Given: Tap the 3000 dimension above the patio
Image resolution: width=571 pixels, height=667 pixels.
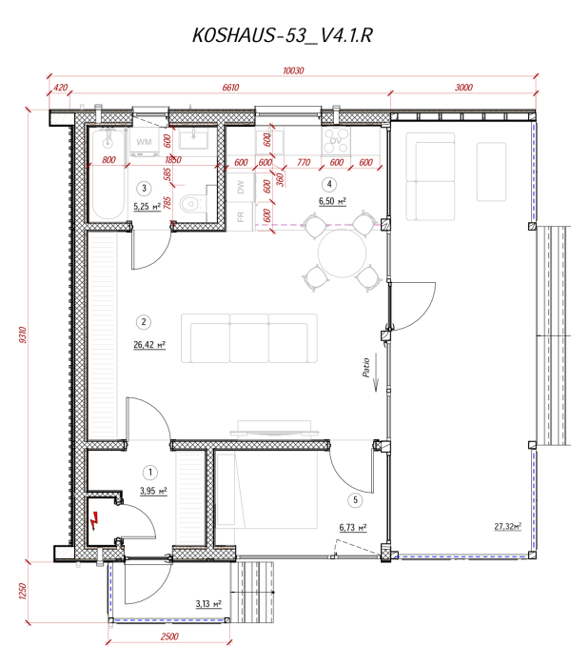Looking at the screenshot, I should point(463,88).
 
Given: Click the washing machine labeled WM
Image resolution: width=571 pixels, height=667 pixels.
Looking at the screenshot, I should point(145,142).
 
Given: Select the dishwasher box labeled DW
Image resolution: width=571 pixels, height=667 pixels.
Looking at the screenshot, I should point(241,188).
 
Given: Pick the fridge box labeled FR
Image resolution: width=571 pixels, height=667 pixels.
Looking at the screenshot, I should point(241,217).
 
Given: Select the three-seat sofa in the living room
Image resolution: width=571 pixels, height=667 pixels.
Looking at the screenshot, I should point(249,338).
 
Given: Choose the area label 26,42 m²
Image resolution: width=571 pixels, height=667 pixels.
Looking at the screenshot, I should point(150,346).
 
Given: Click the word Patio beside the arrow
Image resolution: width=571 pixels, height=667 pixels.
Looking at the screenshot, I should point(365,369).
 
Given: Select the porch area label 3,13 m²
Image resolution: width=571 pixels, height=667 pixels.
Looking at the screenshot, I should point(207,603).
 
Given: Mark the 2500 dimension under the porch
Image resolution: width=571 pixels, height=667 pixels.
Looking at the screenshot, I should point(171,636).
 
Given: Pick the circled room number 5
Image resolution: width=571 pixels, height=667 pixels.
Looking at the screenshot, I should point(353,498).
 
